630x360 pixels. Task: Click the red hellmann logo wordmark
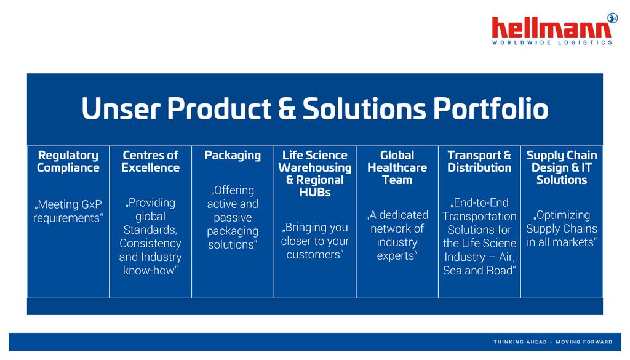[x=551, y=28]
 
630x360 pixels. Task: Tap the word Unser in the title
[x=121, y=109]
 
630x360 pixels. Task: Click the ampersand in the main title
[x=287, y=109]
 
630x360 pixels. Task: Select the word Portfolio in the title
[x=490, y=109]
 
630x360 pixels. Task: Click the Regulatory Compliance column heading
[x=68, y=161]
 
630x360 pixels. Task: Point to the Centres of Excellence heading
[x=150, y=161]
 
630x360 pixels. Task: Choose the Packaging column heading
[x=233, y=156]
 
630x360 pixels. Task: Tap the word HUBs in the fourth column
[x=315, y=193]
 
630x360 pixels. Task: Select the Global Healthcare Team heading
[x=397, y=167]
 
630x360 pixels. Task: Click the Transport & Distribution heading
[x=479, y=161]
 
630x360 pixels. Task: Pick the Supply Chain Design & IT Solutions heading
[x=562, y=167]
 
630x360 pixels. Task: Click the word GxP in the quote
[x=92, y=204]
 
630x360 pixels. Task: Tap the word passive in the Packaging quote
[x=233, y=218]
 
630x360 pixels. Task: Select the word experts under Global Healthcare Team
[x=397, y=256]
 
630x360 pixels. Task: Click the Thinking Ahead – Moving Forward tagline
[x=553, y=342]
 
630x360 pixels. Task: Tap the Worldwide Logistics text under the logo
[x=552, y=42]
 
